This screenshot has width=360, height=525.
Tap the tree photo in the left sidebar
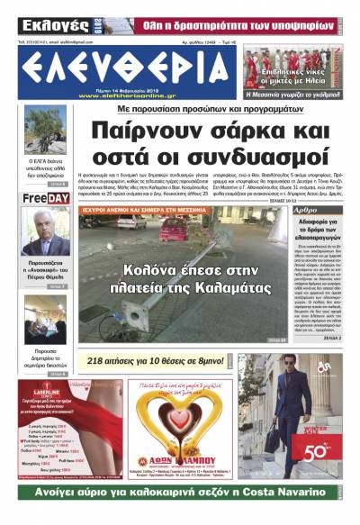click(x=45, y=130)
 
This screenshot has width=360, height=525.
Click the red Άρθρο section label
click(x=306, y=209)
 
